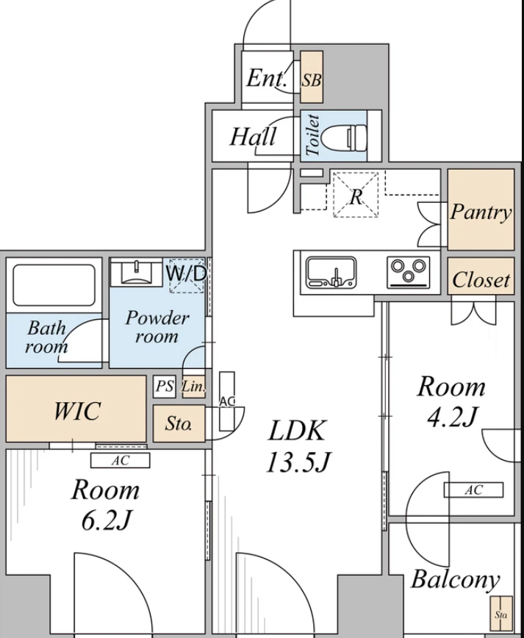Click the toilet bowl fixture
click(344, 136)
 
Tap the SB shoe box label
click(311, 80)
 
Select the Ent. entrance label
click(267, 78)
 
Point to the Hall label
click(253, 136)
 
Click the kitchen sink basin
click(331, 272)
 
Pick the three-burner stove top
click(408, 272)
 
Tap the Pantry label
click(481, 212)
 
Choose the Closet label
click(481, 280)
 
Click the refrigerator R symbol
click(356, 195)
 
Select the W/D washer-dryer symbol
click(187, 275)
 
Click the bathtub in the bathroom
click(54, 285)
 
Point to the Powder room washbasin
click(137, 272)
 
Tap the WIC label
click(77, 411)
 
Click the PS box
click(165, 386)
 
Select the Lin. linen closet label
click(193, 386)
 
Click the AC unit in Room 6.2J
click(120, 460)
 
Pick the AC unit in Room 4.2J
click(473, 490)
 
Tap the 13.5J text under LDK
click(298, 462)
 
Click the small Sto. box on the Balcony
click(500, 614)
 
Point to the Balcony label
click(455, 580)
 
